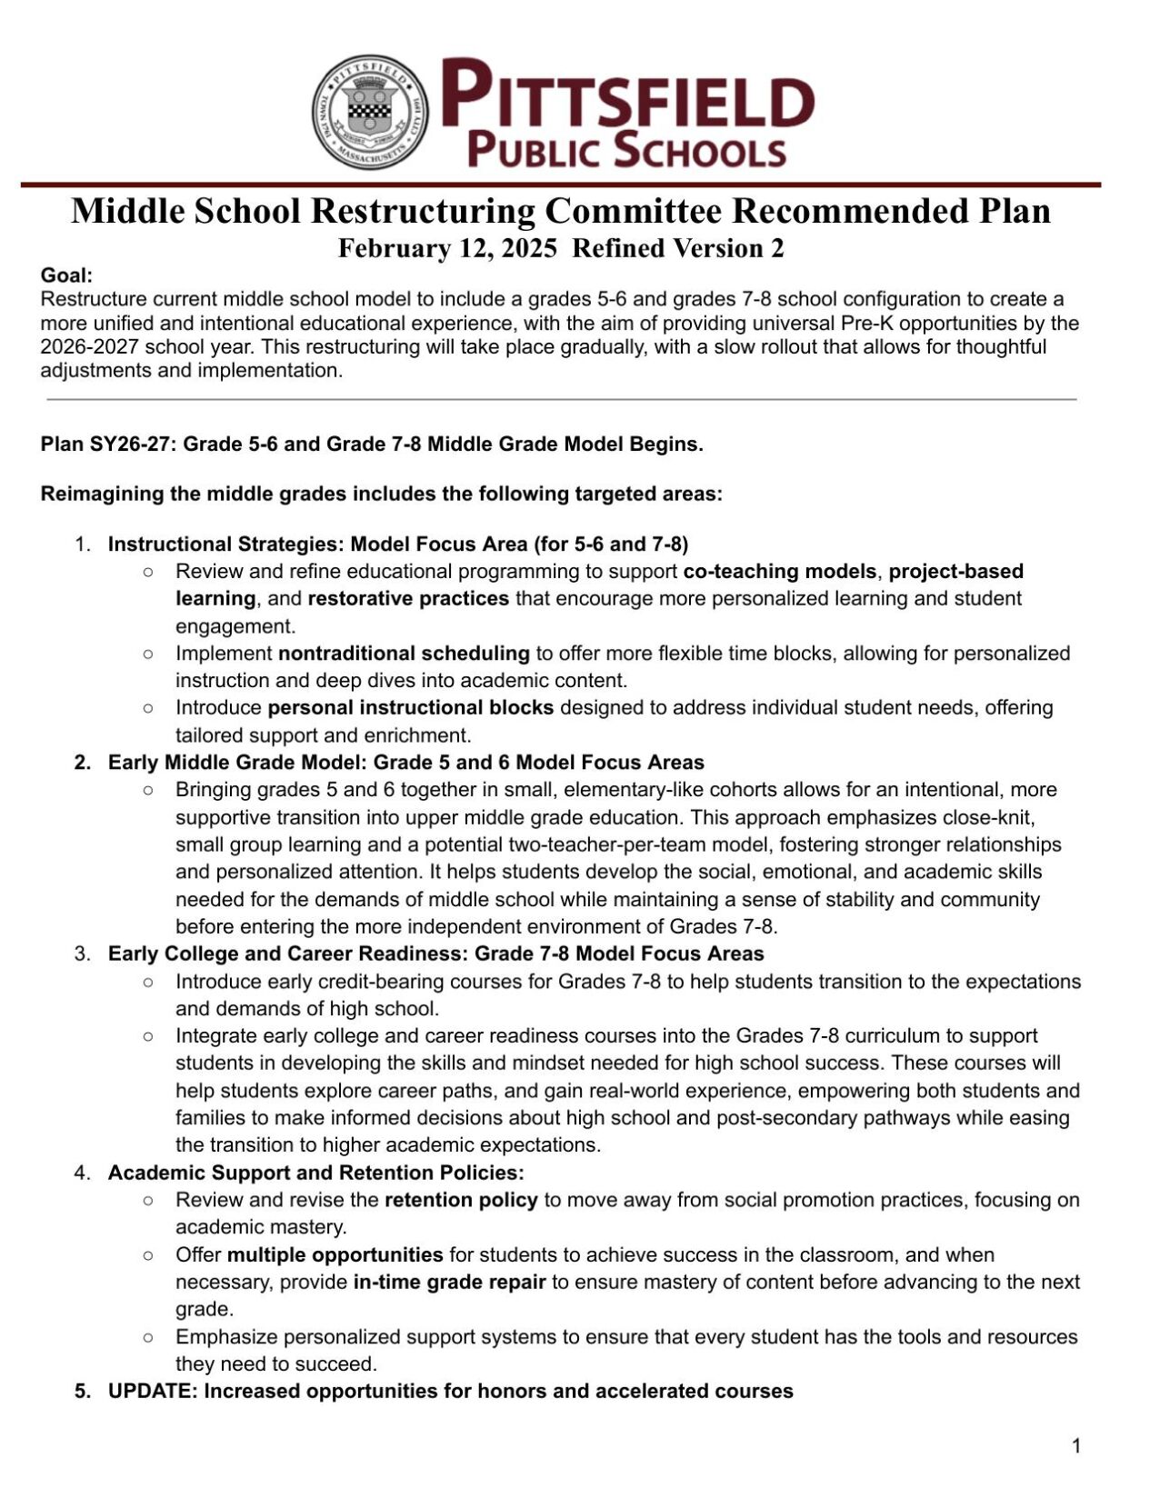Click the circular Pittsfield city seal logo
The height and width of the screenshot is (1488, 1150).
pyautogui.click(x=371, y=112)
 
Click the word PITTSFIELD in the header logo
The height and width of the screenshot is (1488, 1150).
pyautogui.click(x=628, y=93)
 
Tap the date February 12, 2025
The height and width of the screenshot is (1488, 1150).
pyautogui.click(x=447, y=249)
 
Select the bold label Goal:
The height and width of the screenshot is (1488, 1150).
pyautogui.click(x=66, y=275)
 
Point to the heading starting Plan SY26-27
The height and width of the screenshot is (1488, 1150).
pyautogui.click(x=372, y=444)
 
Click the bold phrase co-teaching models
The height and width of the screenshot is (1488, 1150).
pyautogui.click(x=780, y=571)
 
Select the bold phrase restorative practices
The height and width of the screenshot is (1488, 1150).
pyautogui.click(x=408, y=598)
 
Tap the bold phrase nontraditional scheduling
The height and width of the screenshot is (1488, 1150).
pyautogui.click(x=404, y=653)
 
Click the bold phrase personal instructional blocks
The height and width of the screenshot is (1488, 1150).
pyautogui.click(x=411, y=707)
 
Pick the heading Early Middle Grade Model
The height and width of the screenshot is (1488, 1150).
pyautogui.click(x=405, y=762)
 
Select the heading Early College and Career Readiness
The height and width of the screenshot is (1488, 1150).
pyautogui.click(x=435, y=954)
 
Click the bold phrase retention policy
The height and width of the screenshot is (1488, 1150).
pyautogui.click(x=461, y=1200)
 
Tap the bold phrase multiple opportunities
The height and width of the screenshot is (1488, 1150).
pyautogui.click(x=335, y=1254)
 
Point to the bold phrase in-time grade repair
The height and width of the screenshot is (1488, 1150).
pyautogui.click(x=449, y=1282)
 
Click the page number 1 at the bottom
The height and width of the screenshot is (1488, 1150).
pyautogui.click(x=1076, y=1446)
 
